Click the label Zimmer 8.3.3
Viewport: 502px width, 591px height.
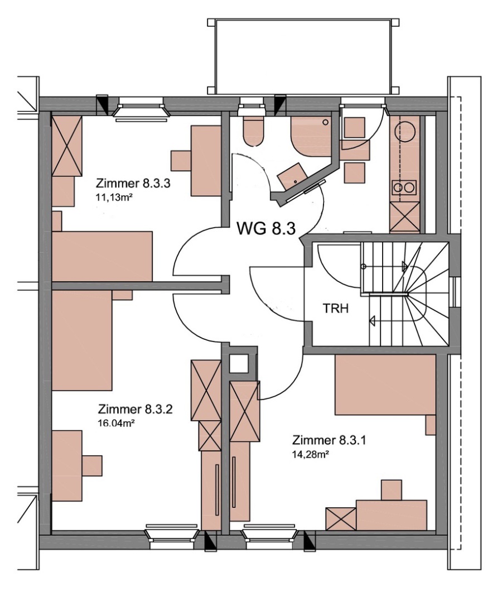[133, 184]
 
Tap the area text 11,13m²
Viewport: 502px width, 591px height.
[115, 197]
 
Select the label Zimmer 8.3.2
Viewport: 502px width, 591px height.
[135, 409]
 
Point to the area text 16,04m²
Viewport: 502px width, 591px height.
[117, 423]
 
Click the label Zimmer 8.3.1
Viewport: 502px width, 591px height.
[329, 440]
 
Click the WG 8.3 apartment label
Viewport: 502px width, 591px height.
[266, 228]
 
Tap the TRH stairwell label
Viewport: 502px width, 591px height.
[336, 309]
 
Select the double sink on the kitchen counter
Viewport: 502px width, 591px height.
[404, 186]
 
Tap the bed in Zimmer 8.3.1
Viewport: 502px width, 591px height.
[385, 385]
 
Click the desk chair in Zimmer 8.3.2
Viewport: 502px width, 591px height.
[92, 466]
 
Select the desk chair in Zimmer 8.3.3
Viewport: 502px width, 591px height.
[181, 161]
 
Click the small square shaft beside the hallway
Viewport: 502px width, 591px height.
[239, 363]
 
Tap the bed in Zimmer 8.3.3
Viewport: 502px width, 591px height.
[102, 256]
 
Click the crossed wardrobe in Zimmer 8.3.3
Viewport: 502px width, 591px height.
[67, 146]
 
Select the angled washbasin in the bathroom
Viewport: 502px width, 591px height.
[292, 176]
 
